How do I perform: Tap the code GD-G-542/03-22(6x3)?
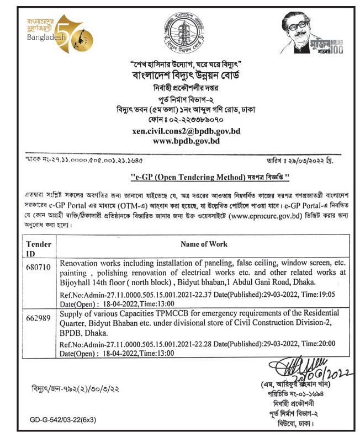(63, 420)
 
